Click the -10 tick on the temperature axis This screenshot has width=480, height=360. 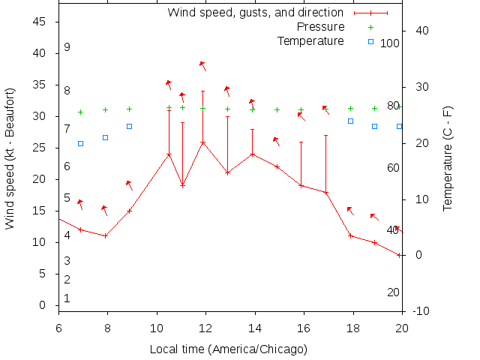click(x=421, y=311)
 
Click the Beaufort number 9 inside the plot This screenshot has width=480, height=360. click(x=67, y=47)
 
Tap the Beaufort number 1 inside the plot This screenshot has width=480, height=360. click(x=67, y=298)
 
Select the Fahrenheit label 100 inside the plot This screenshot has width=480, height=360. click(x=390, y=43)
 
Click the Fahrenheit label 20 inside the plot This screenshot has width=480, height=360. click(x=393, y=292)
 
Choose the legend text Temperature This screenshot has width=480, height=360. click(x=310, y=40)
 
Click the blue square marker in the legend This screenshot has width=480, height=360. click(x=370, y=41)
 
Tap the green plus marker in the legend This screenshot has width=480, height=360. click(x=370, y=27)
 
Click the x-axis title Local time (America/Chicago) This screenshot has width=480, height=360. click(x=229, y=349)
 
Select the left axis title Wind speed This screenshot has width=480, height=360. click(x=10, y=157)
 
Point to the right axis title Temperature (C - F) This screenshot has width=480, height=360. click(x=448, y=157)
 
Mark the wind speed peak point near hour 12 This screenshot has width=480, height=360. click(x=202, y=142)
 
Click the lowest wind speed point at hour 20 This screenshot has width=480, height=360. click(x=400, y=255)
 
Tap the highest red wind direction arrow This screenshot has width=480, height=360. click(x=202, y=65)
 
